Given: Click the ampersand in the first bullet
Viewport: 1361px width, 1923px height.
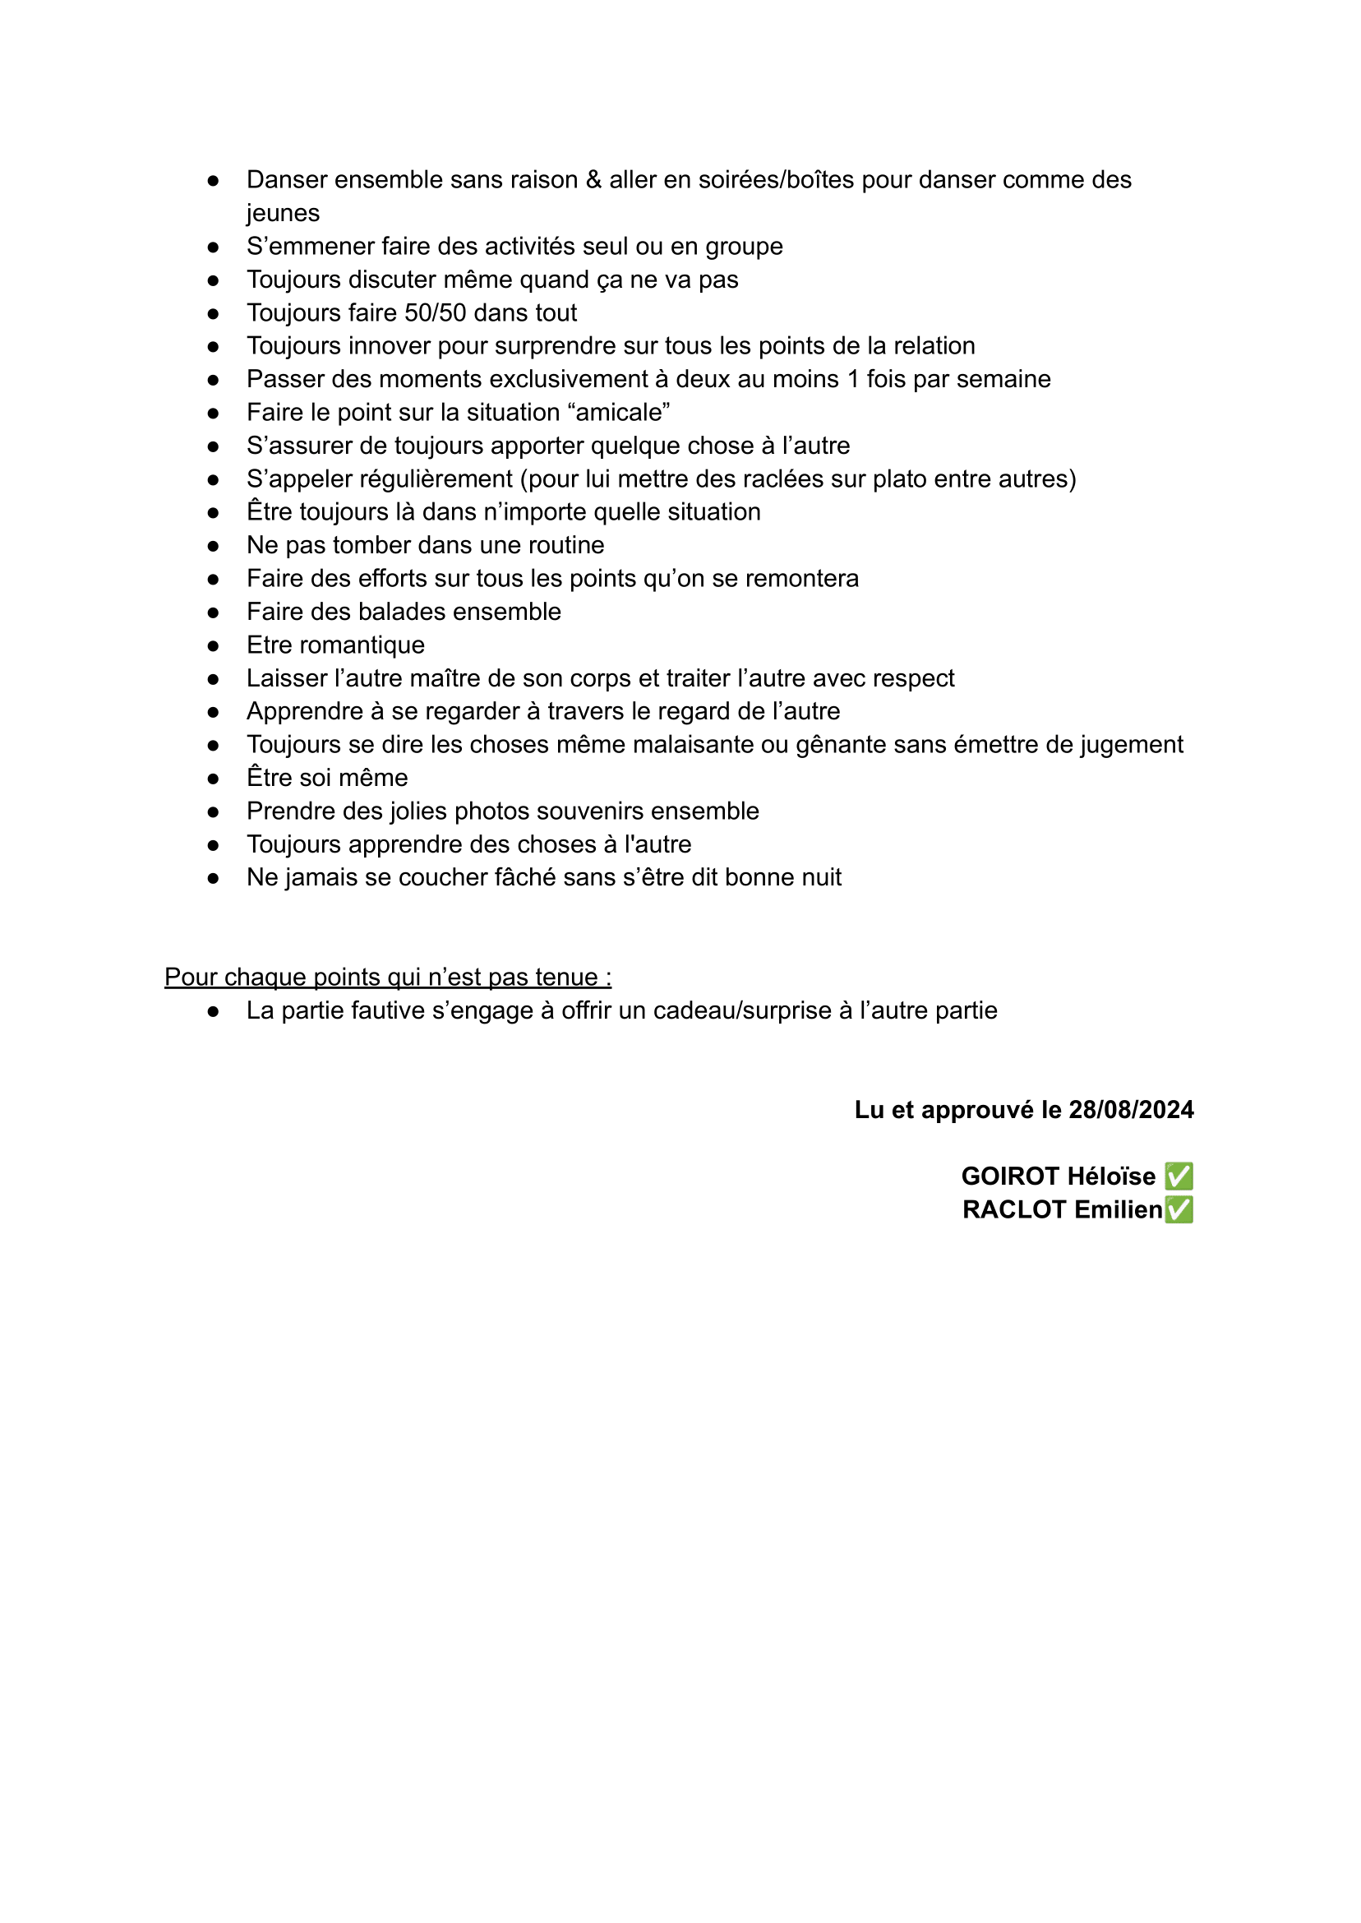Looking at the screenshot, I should (593, 180).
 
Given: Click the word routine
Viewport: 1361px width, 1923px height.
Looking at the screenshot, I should (562, 546).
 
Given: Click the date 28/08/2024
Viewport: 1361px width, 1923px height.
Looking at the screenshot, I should (1131, 1110).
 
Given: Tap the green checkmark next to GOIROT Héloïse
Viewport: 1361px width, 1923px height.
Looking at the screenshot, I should (1179, 1176).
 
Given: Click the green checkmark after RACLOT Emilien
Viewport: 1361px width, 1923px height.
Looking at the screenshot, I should (1179, 1209).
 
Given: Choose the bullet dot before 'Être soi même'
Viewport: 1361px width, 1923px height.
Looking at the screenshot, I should (214, 779).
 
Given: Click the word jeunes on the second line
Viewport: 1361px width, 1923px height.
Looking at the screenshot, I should (283, 214).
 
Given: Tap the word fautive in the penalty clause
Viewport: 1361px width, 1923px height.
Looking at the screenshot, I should (381, 1011).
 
